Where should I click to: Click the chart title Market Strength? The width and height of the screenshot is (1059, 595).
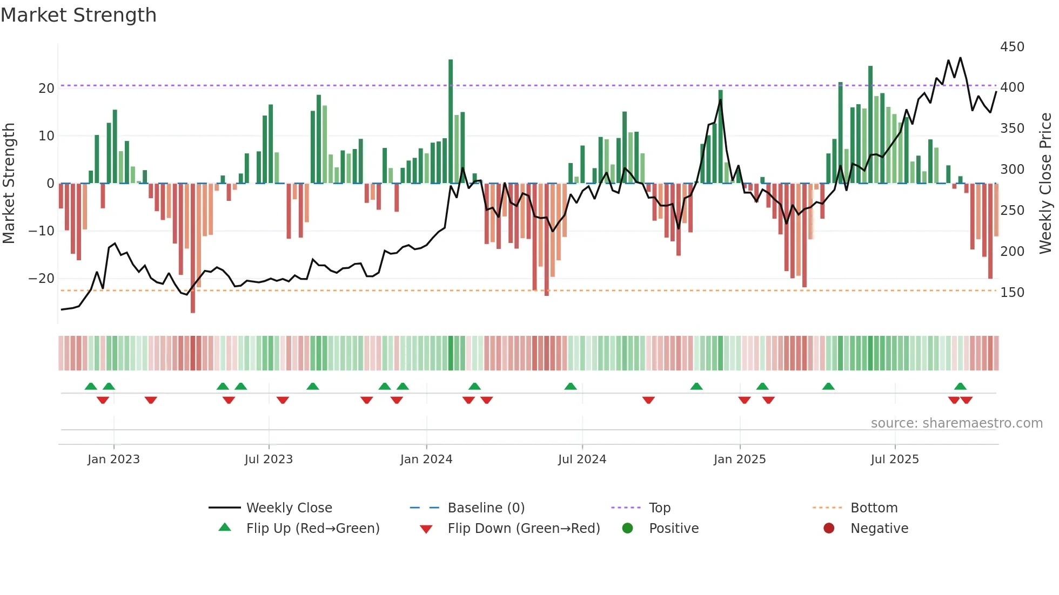pos(78,15)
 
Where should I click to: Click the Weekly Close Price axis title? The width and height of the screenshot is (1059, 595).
pos(1045,183)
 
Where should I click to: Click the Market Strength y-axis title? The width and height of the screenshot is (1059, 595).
pos(9,183)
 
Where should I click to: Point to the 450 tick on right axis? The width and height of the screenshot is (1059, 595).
pos(1011,47)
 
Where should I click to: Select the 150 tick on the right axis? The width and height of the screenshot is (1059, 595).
pos(1011,293)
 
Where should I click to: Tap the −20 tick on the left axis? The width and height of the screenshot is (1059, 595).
pos(42,279)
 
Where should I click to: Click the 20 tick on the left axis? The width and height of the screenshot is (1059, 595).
pos(46,89)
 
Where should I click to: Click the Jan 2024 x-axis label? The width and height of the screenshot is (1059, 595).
pos(426,459)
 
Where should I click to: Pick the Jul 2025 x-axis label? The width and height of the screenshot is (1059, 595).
pos(894,459)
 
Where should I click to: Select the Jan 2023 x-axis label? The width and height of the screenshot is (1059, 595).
pos(113,459)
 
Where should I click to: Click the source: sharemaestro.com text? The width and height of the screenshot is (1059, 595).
pos(956,423)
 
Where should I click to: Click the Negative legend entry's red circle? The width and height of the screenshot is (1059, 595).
pos(829,529)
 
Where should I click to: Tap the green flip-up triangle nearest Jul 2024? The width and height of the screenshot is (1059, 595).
pos(571,387)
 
